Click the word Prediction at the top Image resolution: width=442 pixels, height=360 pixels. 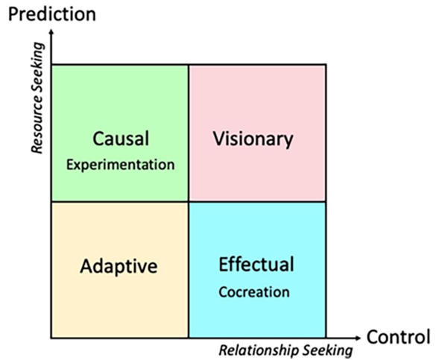tap(52, 14)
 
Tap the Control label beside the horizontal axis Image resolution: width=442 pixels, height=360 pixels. tap(398, 337)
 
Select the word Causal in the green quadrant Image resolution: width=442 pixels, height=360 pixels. tap(121, 139)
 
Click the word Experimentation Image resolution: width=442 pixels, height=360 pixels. tap(120, 165)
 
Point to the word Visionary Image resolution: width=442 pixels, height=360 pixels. tap(253, 139)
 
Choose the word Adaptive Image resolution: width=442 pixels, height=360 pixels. tap(119, 266)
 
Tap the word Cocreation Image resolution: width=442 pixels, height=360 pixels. tap(254, 292)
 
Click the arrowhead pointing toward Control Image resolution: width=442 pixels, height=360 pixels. tap(357, 338)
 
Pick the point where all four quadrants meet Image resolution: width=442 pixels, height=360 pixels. tap(189, 201)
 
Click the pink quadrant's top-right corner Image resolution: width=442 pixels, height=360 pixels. tap(326, 65)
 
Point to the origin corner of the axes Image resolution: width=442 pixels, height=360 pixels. tap(51, 338)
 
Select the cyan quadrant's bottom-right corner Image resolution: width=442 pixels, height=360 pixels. tap(326, 338)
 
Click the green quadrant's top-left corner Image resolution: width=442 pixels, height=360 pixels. tap(51, 65)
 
